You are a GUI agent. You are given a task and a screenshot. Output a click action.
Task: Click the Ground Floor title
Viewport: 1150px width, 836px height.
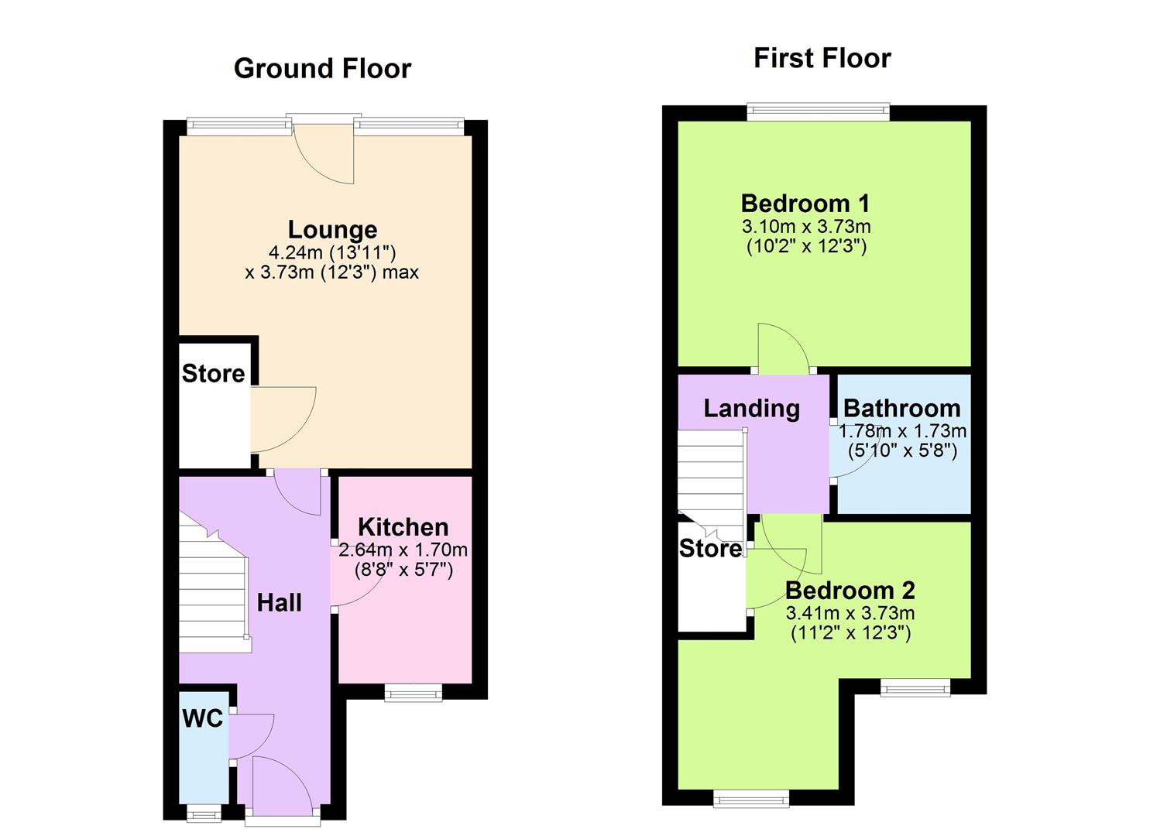(322, 69)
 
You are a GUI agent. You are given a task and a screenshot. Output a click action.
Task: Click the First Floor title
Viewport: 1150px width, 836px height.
(822, 58)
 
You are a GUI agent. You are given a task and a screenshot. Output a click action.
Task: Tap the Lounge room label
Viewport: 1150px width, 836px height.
(332, 229)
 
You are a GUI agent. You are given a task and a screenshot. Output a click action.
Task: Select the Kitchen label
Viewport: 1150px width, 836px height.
(403, 527)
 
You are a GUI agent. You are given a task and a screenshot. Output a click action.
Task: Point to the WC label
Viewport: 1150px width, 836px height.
(203, 718)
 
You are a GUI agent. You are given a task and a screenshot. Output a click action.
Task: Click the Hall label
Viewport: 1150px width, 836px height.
(279, 603)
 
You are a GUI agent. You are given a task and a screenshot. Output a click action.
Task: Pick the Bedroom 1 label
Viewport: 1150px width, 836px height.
(805, 204)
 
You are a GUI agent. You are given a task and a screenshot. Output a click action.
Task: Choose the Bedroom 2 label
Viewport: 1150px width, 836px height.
(850, 591)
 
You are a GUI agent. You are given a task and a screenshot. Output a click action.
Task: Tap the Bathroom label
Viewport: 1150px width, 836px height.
(901, 408)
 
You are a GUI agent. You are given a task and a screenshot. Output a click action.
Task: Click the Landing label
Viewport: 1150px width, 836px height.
(751, 408)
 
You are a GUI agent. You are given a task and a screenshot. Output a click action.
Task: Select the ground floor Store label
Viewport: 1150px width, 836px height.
(213, 374)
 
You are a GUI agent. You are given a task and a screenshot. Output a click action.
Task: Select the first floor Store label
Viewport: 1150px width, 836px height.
(710, 549)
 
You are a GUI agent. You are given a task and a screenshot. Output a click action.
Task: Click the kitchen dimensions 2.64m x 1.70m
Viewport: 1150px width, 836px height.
(403, 550)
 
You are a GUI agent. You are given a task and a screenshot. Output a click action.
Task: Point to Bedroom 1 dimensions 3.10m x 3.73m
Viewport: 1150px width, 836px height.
(806, 227)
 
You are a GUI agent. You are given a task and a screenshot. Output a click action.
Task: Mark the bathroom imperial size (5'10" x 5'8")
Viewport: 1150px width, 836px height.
(902, 450)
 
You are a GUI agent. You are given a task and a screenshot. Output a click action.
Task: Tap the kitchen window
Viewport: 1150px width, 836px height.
(414, 693)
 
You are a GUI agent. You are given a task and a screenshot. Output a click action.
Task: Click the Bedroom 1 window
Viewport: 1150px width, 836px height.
(818, 112)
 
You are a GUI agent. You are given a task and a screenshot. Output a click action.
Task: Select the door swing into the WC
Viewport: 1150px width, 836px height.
(252, 735)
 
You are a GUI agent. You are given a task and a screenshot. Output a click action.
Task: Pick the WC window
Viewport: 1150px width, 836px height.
(203, 812)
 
